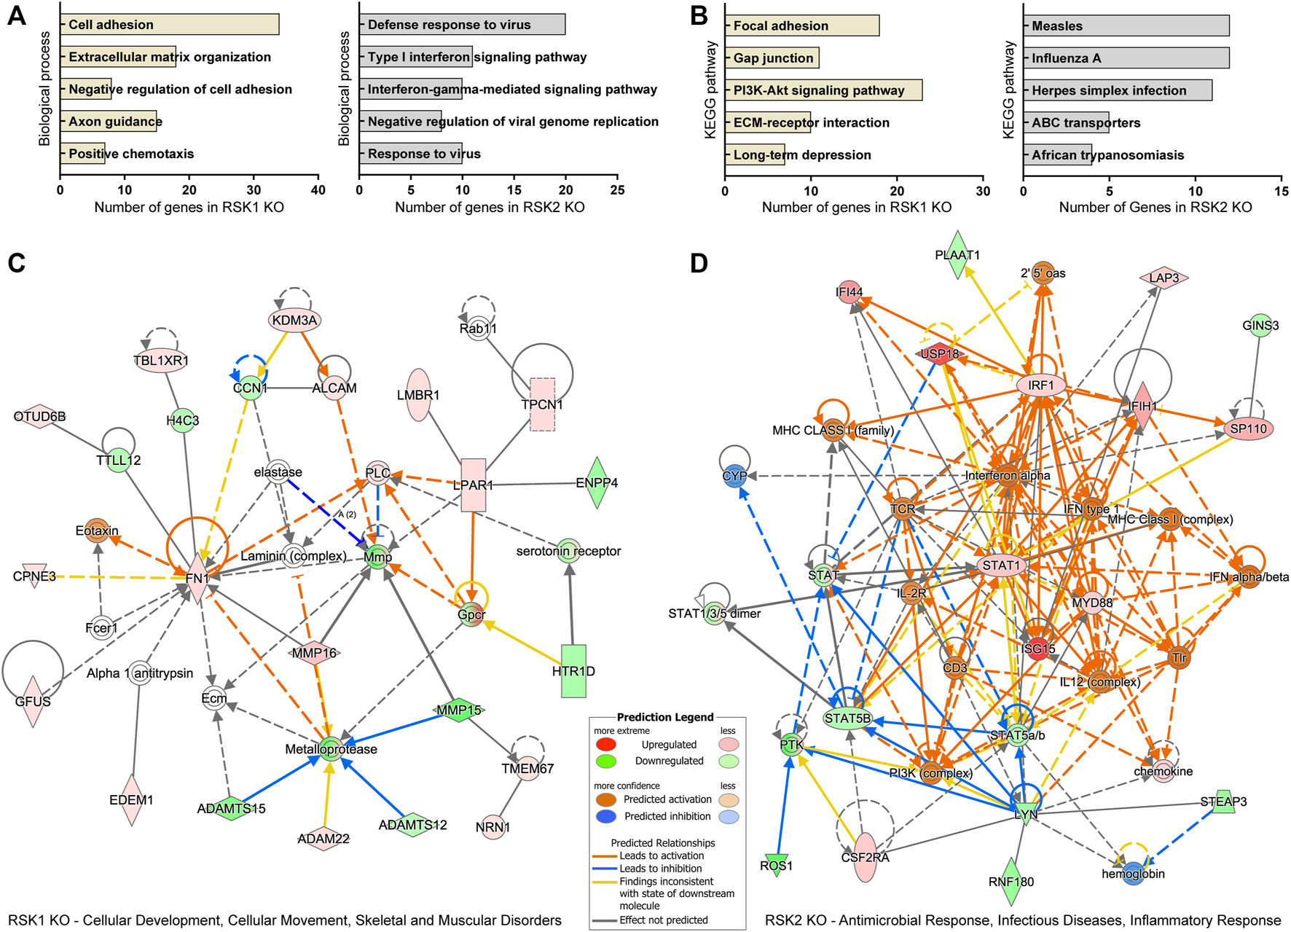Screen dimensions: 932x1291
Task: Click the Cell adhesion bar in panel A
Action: coord(169,24)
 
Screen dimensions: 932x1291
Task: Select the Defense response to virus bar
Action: coord(462,24)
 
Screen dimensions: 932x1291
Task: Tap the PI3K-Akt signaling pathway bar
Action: coord(823,90)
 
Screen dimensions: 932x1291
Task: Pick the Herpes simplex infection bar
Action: coord(1118,90)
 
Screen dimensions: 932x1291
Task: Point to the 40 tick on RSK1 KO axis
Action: coord(318,190)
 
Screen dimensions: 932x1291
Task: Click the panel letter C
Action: coord(16,263)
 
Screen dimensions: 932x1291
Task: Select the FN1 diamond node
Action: coord(197,579)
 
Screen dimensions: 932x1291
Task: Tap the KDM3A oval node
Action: coord(294,320)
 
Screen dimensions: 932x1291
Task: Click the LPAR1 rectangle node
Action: coord(474,485)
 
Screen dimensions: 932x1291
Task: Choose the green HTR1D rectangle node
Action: coord(573,670)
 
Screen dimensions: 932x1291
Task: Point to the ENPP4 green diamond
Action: coord(597,482)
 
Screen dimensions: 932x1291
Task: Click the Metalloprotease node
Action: coord(331,749)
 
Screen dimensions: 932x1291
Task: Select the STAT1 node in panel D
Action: coord(1002,565)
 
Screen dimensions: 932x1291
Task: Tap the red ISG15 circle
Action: coord(1037,649)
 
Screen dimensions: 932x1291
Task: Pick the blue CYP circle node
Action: coord(734,476)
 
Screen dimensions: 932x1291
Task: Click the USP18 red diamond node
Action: coord(940,354)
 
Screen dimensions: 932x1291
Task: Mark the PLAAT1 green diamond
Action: coord(957,255)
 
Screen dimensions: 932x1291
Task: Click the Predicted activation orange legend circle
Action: coord(605,799)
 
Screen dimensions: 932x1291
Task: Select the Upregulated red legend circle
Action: coord(605,744)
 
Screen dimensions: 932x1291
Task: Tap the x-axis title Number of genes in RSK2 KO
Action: coord(490,208)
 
